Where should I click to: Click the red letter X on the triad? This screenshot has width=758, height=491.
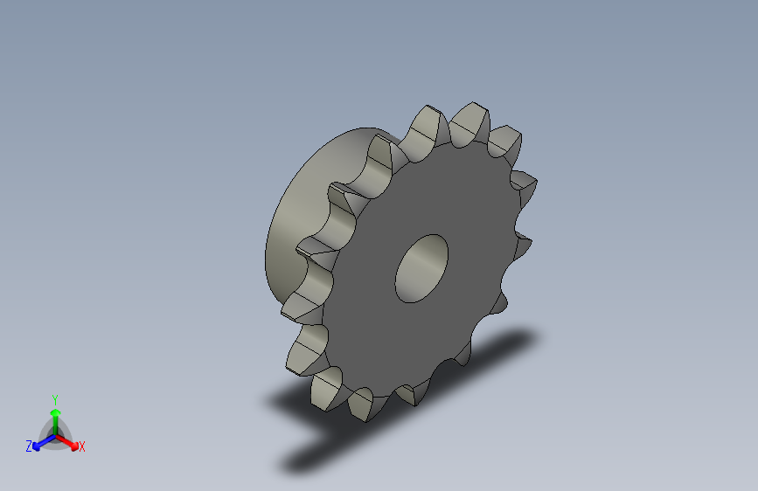[82, 446]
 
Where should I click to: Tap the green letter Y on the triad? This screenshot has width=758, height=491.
[54, 398]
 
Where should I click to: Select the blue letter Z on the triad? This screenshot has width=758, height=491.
[29, 446]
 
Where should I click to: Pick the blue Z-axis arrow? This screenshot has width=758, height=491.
[40, 443]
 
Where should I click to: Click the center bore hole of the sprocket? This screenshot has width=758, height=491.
[421, 268]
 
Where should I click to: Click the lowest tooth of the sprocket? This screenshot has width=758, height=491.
[362, 405]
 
